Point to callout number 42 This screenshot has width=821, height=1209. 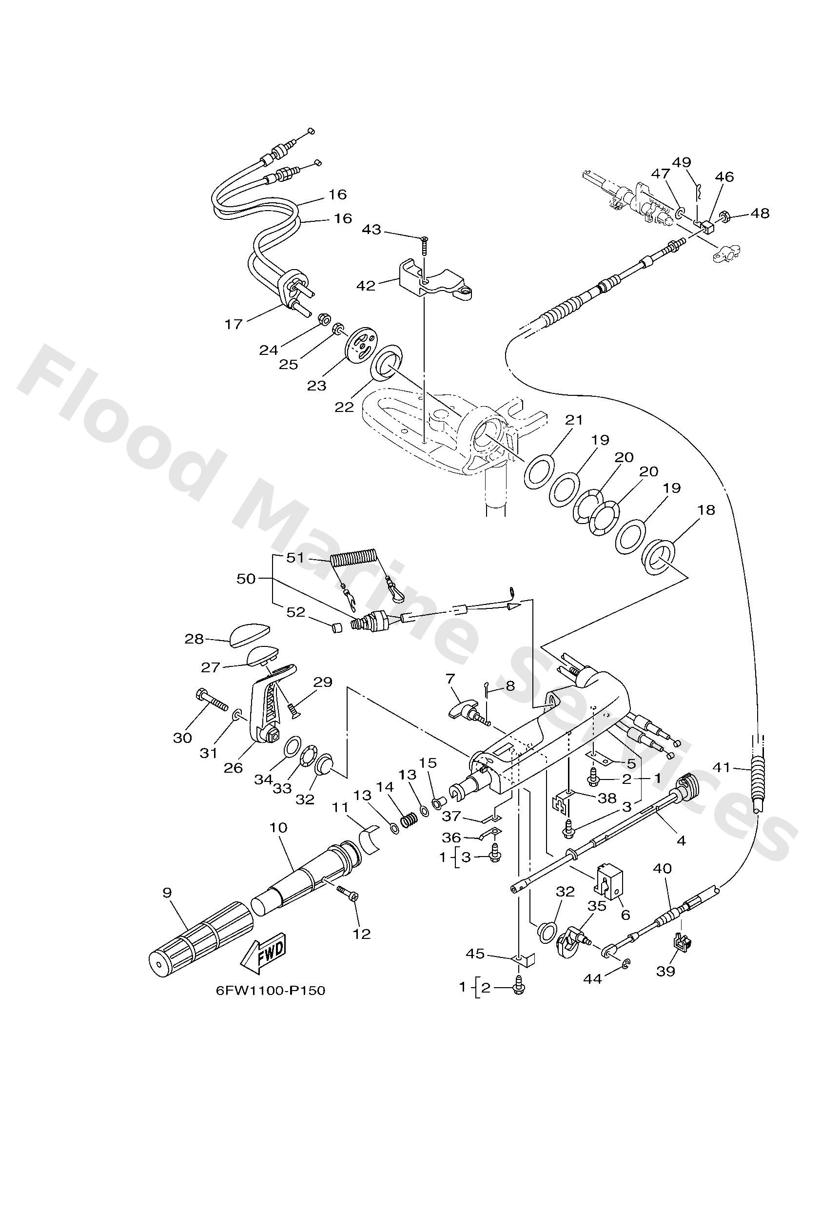366,286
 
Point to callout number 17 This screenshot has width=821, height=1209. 234,324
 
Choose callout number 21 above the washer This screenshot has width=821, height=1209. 574,420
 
